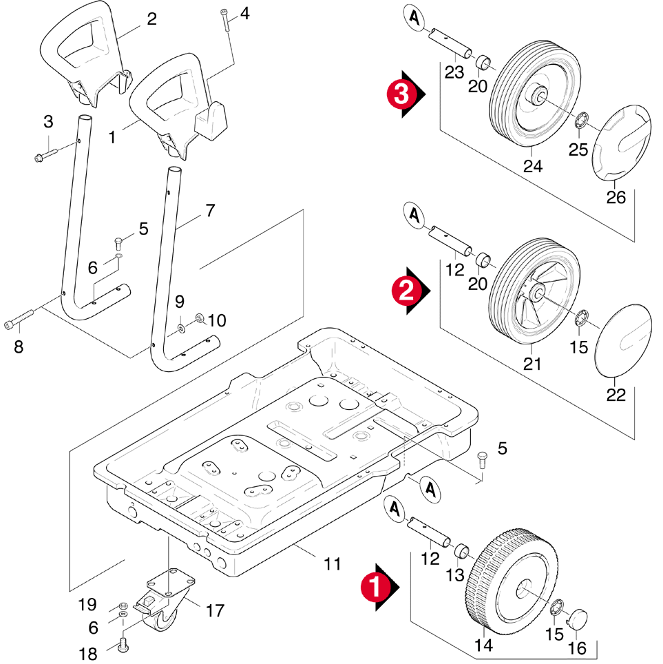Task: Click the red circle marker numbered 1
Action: [x=372, y=586]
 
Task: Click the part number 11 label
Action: [x=333, y=564]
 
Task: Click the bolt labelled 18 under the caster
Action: [x=125, y=645]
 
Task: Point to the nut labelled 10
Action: [x=200, y=319]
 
